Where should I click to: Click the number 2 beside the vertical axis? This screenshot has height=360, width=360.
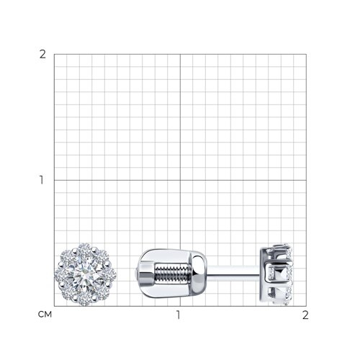(42, 55)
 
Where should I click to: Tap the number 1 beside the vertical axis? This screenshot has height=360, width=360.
(42, 180)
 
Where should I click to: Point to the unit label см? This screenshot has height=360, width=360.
(45, 315)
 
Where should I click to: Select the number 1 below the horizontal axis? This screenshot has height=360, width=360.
(178, 315)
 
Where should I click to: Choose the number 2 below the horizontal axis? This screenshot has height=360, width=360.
(305, 315)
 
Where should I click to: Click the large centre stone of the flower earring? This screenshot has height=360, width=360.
(85, 274)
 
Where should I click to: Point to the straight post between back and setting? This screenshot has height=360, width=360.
(233, 274)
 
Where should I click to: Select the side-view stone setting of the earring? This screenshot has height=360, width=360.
(276, 274)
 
